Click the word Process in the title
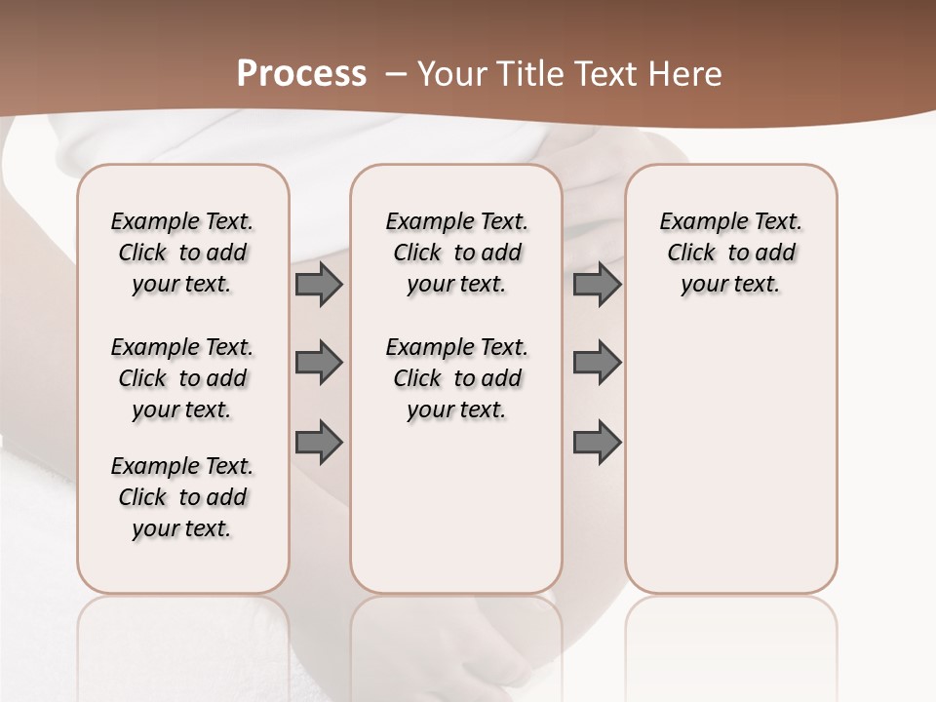(301, 73)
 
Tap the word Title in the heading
(527, 74)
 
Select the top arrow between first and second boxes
(319, 284)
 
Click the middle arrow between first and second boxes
(319, 363)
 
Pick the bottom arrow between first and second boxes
(319, 443)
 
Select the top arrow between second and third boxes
(597, 284)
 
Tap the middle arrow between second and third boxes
(597, 363)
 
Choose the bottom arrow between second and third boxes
(597, 443)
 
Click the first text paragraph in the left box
(182, 253)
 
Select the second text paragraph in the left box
(182, 378)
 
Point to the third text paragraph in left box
(182, 497)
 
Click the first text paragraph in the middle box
(456, 253)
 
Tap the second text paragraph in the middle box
(456, 378)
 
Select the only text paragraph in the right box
(730, 253)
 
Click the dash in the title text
(396, 74)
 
